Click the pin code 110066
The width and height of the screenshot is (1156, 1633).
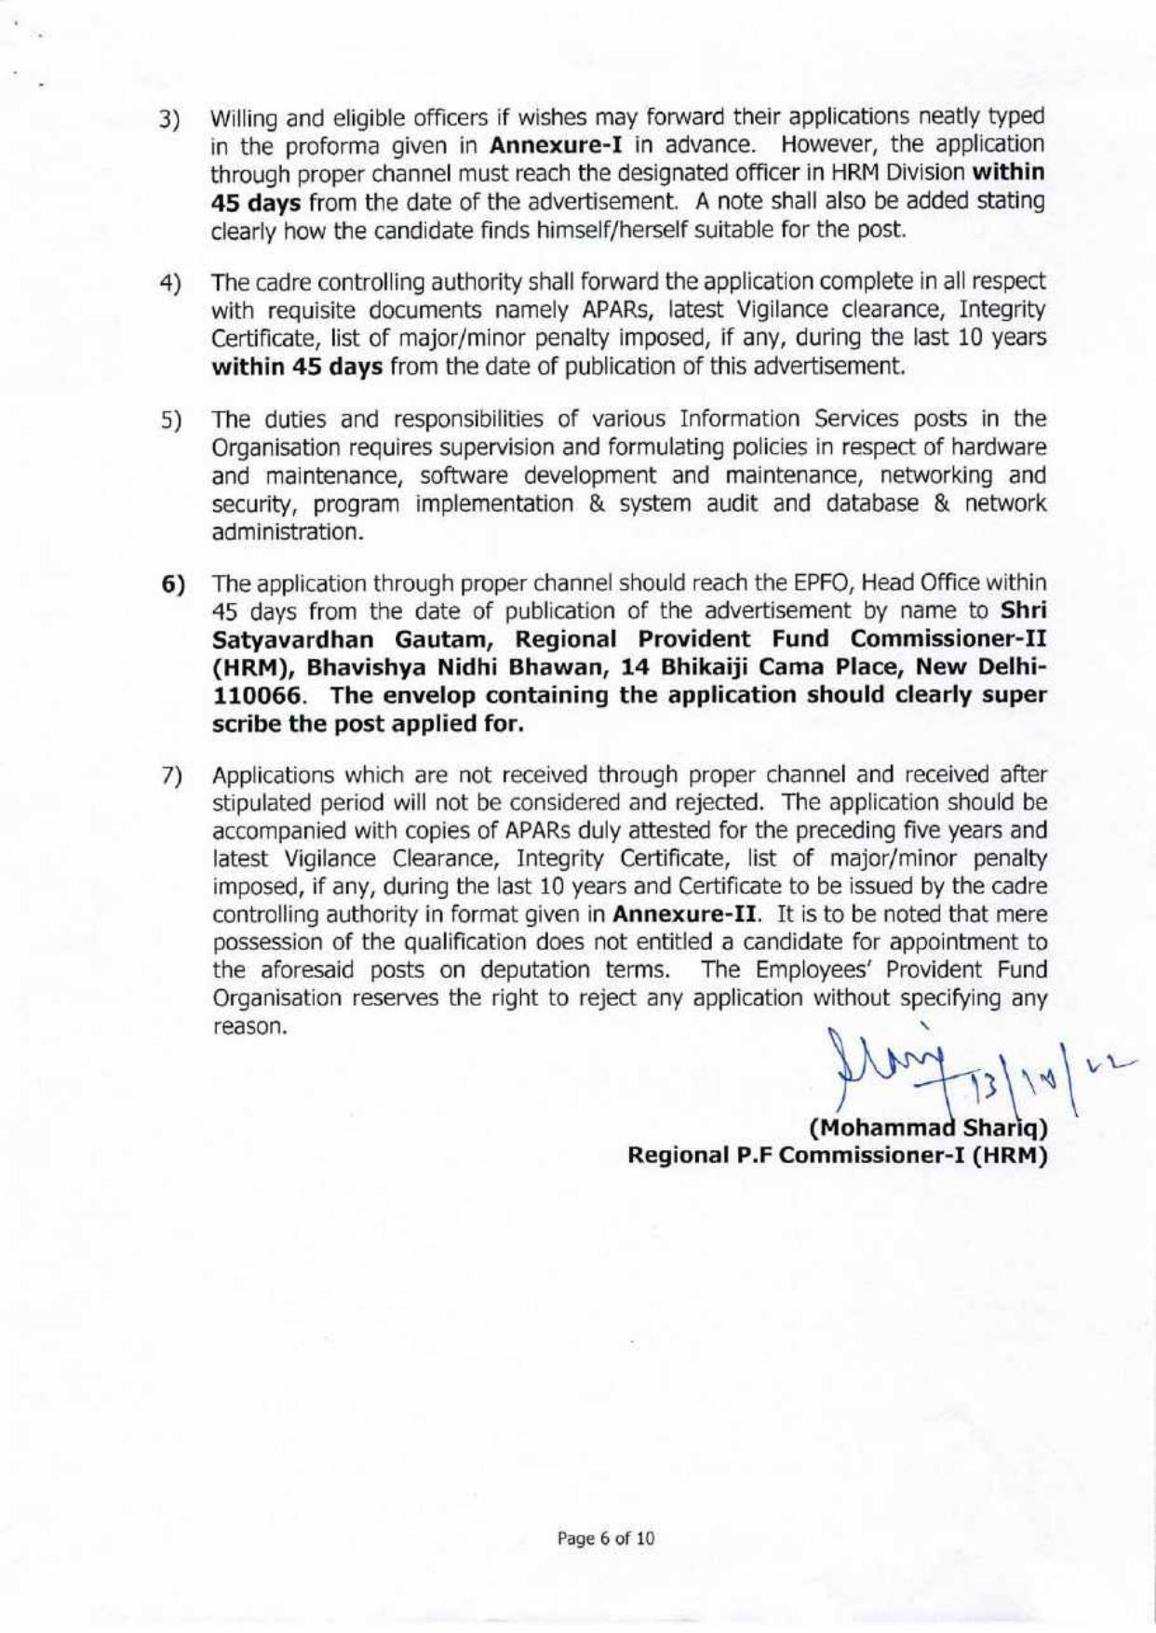(x=260, y=696)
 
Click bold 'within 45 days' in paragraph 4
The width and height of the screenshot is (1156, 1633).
(x=299, y=366)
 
